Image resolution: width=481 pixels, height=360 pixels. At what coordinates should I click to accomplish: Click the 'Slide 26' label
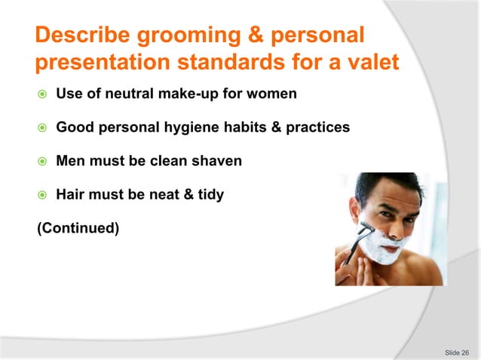point(457,352)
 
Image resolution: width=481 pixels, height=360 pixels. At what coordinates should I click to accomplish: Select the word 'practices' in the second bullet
point(317,127)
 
